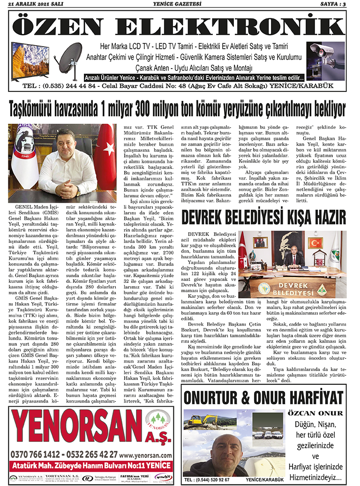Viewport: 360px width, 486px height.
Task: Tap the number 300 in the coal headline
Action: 149,110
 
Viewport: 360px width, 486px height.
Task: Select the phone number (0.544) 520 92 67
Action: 207,480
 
